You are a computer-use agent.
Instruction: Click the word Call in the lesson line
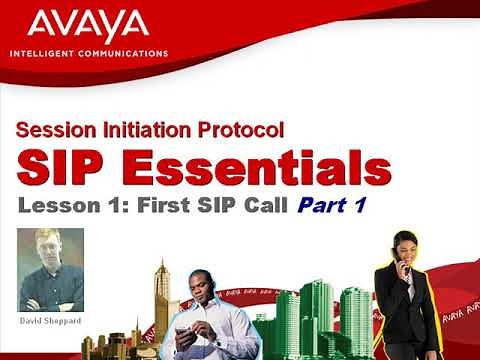click(265, 207)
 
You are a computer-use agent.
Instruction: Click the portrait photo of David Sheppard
click(51, 269)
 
